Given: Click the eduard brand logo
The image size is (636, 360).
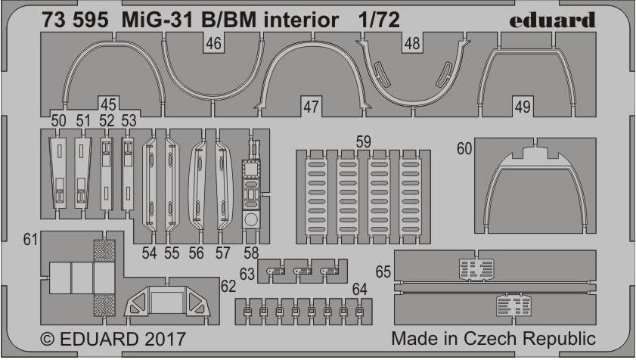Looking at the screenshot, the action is click(x=552, y=20).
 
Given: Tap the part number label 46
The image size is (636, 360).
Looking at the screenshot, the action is click(x=214, y=43).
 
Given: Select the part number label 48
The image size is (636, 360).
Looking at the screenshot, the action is click(x=412, y=43).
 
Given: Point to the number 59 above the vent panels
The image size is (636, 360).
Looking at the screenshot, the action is click(x=363, y=141).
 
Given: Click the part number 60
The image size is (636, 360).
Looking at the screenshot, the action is click(x=464, y=148).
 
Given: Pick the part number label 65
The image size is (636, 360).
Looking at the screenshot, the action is click(x=383, y=272).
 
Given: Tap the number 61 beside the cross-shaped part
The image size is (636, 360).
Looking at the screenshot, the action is click(x=30, y=239).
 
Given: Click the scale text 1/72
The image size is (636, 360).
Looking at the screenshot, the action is click(x=379, y=20).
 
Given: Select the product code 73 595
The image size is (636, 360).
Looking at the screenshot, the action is click(x=75, y=20).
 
